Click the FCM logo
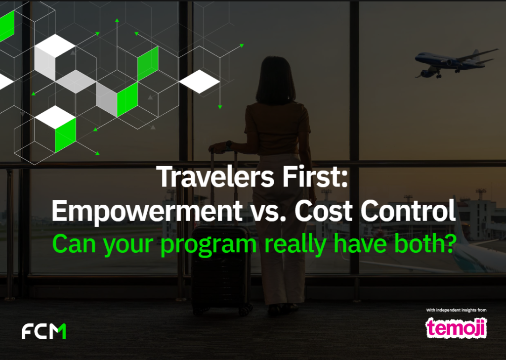[44, 331]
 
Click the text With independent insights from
[456, 310]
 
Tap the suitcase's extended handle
[222, 188]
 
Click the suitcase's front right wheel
[243, 311]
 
